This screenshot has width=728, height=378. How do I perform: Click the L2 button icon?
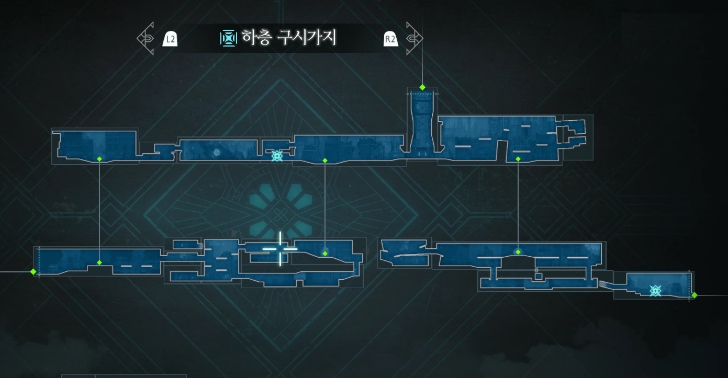click(x=170, y=38)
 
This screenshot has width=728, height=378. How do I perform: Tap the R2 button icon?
click(x=390, y=38)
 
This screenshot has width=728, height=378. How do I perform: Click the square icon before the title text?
click(x=228, y=38)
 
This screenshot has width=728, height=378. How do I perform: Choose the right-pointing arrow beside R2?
click(x=414, y=38)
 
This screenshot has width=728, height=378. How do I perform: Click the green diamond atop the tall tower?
click(x=422, y=87)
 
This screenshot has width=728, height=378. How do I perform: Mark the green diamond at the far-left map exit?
click(x=33, y=272)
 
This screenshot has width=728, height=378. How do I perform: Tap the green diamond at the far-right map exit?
click(x=695, y=295)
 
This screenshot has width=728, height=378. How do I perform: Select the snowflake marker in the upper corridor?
click(x=277, y=155)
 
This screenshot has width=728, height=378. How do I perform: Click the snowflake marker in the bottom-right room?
click(x=655, y=291)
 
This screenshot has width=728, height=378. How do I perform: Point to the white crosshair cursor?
click(x=280, y=249)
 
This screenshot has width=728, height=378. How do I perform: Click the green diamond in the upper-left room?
click(x=99, y=158)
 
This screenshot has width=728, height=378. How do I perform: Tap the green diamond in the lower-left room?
click(x=99, y=262)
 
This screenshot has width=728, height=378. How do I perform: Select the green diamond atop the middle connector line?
click(x=325, y=161)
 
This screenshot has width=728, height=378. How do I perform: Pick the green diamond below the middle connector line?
click(x=325, y=254)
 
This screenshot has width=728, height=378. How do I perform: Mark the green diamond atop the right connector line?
click(x=518, y=159)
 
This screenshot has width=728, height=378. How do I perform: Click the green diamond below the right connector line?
click(x=518, y=252)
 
